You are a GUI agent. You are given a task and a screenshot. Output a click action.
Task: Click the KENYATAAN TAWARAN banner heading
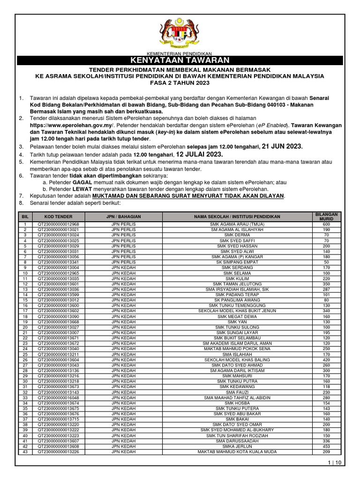(180, 60)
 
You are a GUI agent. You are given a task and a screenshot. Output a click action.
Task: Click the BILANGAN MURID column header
(326, 217)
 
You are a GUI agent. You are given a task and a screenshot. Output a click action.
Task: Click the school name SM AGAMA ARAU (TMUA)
(238, 225)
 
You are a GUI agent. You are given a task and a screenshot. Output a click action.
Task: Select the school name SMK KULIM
(238, 278)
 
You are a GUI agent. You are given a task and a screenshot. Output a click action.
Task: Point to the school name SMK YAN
(238, 322)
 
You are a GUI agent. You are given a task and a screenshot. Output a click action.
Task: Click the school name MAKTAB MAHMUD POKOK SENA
(238, 349)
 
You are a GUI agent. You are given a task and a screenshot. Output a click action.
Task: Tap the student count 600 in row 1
(326, 225)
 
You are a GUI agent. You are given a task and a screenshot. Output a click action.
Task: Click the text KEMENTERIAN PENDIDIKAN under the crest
(180, 53)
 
